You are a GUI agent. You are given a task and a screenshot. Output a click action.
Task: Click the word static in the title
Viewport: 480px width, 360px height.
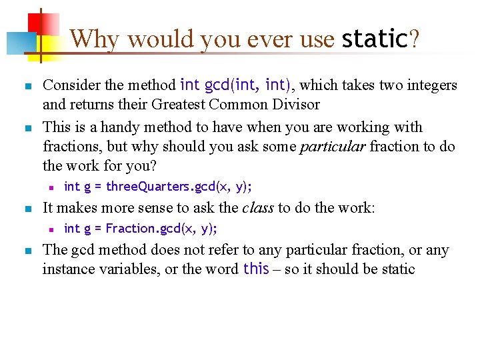coord(373,39)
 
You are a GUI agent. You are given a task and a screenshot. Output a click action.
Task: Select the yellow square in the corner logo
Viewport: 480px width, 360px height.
coord(47,45)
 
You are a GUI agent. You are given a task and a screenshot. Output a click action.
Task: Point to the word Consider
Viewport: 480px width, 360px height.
coord(70,85)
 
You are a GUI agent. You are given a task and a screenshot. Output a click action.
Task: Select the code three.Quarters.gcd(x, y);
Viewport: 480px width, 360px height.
coord(179,186)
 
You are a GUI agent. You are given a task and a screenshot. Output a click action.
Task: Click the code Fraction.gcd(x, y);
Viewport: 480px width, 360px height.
coord(161,229)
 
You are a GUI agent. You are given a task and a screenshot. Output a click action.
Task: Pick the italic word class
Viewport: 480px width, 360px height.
coord(257,207)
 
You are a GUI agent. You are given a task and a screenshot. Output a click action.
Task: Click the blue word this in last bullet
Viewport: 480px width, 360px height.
coord(256,269)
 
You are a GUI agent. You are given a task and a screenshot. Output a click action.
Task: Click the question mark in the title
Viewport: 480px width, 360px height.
coord(415,39)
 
